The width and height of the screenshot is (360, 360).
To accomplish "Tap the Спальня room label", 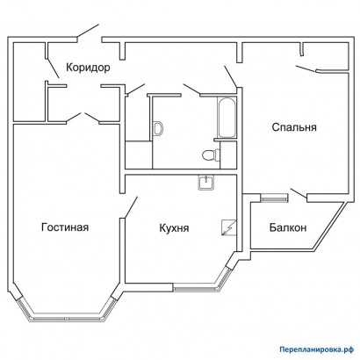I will point(294,127).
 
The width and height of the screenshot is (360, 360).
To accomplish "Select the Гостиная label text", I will point(65,227).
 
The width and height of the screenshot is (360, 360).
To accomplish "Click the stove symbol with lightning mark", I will point(227,227).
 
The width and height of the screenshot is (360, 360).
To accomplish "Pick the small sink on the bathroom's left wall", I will point(158,128).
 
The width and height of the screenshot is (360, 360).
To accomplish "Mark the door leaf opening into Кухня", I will point(131,209).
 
